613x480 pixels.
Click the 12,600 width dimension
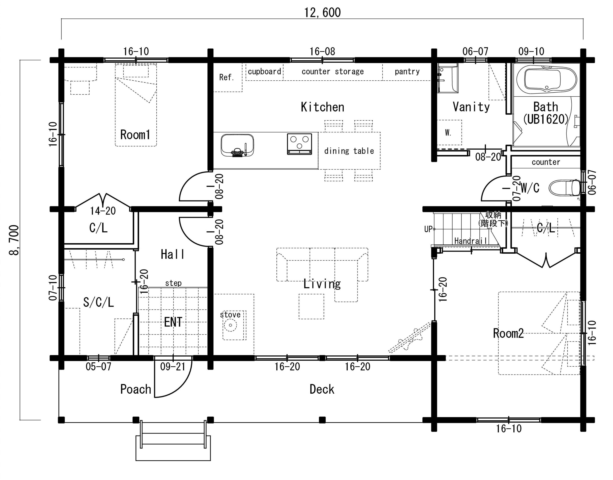(x=322, y=13)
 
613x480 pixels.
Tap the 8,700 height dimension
(x=14, y=240)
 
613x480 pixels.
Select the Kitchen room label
(x=323, y=107)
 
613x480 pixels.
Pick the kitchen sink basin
(x=237, y=145)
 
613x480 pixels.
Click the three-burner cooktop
(x=300, y=144)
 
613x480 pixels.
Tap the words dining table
(x=349, y=151)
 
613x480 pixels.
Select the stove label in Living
(x=230, y=314)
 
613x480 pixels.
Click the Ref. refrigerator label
(x=227, y=77)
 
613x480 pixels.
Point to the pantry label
(x=407, y=72)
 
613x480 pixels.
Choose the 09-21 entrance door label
(x=173, y=367)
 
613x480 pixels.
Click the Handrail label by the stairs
(x=471, y=241)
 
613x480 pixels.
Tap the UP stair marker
(x=428, y=229)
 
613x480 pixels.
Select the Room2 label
(x=508, y=333)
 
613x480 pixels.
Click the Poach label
(x=136, y=389)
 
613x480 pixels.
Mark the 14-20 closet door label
(x=103, y=211)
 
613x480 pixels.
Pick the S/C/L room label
(x=98, y=302)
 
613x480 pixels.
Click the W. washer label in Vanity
(x=448, y=133)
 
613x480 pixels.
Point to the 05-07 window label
(x=98, y=367)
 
